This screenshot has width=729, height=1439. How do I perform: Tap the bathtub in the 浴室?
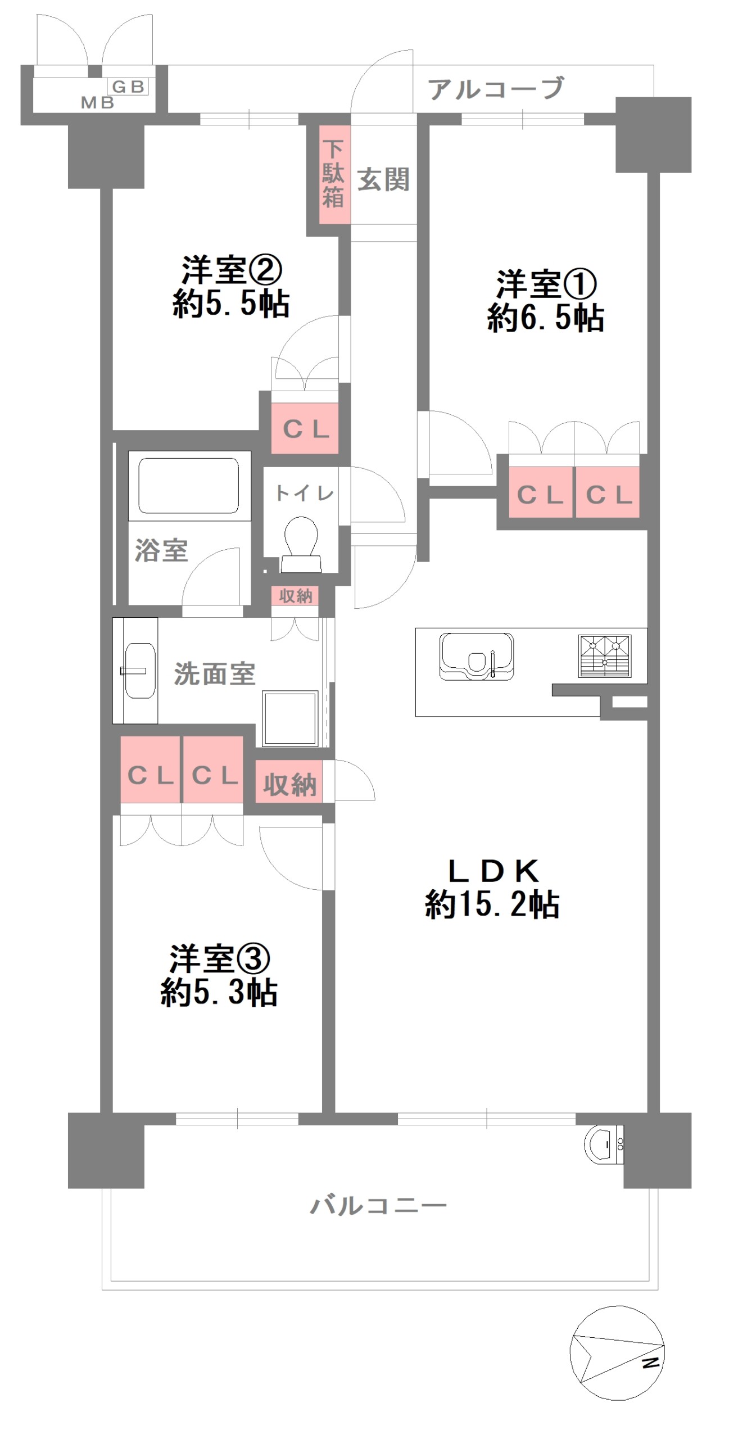(189, 486)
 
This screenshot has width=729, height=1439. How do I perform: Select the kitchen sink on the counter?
(477, 656)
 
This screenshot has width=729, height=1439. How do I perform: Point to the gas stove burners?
(605, 656)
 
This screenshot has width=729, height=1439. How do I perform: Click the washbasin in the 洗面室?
(139, 670)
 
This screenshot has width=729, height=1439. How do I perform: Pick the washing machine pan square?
(291, 718)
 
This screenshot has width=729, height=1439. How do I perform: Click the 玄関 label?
(383, 180)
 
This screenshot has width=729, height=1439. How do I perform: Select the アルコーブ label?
(496, 89)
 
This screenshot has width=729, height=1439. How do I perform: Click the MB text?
(97, 102)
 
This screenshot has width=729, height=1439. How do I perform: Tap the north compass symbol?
(617, 1352)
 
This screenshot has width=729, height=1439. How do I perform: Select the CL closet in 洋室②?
(305, 428)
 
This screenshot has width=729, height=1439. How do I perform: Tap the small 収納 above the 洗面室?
(295, 596)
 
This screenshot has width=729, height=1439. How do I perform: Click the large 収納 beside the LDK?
(289, 782)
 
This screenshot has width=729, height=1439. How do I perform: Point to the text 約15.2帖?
(492, 904)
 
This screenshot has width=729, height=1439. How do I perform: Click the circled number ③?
(252, 958)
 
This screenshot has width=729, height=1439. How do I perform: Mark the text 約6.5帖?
(546, 318)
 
